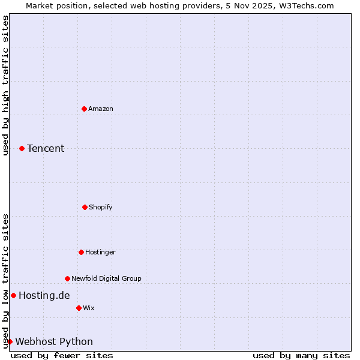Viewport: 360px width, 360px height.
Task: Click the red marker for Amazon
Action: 84,109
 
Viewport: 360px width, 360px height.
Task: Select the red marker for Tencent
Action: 22,148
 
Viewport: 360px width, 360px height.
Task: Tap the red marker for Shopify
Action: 85,207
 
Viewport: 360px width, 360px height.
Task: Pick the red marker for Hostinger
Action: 81,252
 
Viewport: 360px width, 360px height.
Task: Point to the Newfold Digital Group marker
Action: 67,278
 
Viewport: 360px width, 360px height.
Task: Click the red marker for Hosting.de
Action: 13,295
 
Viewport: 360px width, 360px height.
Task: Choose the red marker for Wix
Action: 79,308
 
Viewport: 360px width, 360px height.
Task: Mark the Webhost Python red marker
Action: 10,341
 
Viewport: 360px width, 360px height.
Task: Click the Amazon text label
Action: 101,109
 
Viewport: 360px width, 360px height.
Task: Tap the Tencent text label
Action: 46,148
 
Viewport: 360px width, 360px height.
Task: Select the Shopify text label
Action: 101,207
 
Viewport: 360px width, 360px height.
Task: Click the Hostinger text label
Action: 100,252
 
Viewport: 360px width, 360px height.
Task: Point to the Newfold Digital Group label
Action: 106,278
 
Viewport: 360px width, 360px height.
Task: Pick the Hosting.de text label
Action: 44,295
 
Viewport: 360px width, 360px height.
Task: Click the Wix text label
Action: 89,308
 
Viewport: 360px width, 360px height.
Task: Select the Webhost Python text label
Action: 54,341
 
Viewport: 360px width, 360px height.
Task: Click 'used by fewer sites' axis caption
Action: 62,355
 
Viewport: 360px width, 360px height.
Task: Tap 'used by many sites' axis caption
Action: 301,355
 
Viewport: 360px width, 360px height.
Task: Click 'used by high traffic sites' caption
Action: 5,85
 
